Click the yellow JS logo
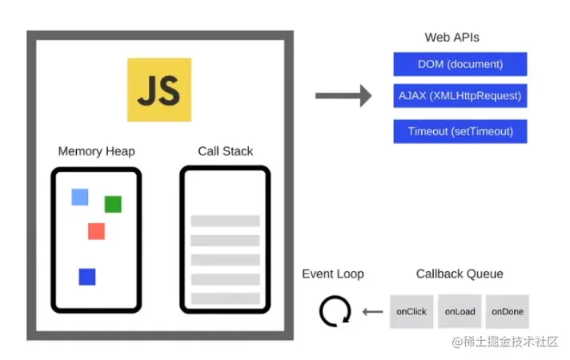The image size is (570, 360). click(159, 90)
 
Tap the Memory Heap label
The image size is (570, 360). click(96, 151)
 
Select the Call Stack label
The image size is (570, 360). click(225, 151)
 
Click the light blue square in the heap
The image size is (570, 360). click(79, 197)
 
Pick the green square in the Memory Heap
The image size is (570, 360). click(113, 204)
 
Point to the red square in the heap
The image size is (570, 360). click(96, 231)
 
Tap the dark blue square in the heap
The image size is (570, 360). click(87, 277)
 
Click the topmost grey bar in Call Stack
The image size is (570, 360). click(225, 221)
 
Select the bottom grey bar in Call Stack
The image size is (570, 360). click(225, 298)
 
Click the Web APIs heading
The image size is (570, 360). click(452, 38)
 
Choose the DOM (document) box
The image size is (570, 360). click(460, 64)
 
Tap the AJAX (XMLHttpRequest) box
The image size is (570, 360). click(460, 96)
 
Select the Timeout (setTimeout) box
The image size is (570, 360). click(460, 131)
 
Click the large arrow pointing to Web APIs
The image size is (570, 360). click(343, 96)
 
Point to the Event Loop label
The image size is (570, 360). click(332, 274)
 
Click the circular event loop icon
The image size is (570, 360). click(335, 311)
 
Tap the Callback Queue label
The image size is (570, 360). click(460, 274)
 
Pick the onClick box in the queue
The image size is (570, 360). click(411, 311)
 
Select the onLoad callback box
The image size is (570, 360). click(460, 311)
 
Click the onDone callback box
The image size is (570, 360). click(508, 311)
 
